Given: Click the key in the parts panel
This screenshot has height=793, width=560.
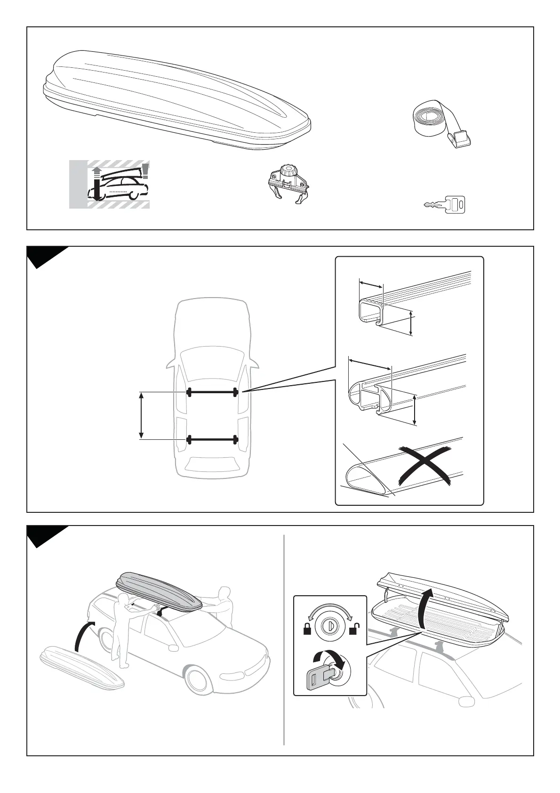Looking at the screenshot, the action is [x=446, y=204].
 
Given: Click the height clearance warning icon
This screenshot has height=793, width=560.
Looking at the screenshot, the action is [x=110, y=184].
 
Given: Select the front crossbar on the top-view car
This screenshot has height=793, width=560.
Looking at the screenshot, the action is [x=212, y=392].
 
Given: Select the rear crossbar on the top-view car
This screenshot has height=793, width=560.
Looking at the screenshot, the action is [x=212, y=440].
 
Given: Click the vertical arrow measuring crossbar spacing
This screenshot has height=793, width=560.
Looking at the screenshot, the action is [x=141, y=415].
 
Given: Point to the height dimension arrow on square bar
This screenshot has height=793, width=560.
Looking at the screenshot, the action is [x=411, y=323].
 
